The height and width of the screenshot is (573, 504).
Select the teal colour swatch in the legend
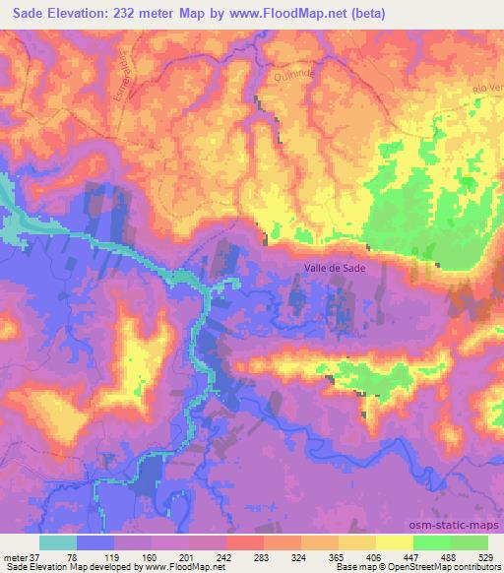[x=57, y=541]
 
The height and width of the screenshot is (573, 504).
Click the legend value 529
[x=488, y=556]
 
